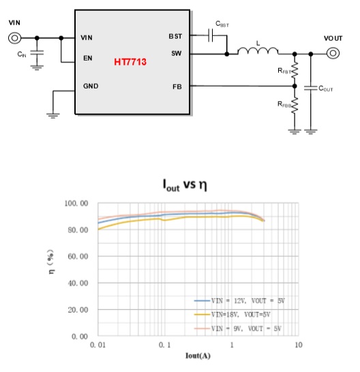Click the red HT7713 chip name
(130, 62)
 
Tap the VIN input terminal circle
(15, 38)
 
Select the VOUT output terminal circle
(333, 53)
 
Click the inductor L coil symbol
(258, 51)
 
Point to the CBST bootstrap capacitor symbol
(211, 35)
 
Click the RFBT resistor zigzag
(295, 70)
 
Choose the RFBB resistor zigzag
(295, 106)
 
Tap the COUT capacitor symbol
(311, 88)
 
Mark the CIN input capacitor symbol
(37, 52)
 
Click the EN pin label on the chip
(88, 58)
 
